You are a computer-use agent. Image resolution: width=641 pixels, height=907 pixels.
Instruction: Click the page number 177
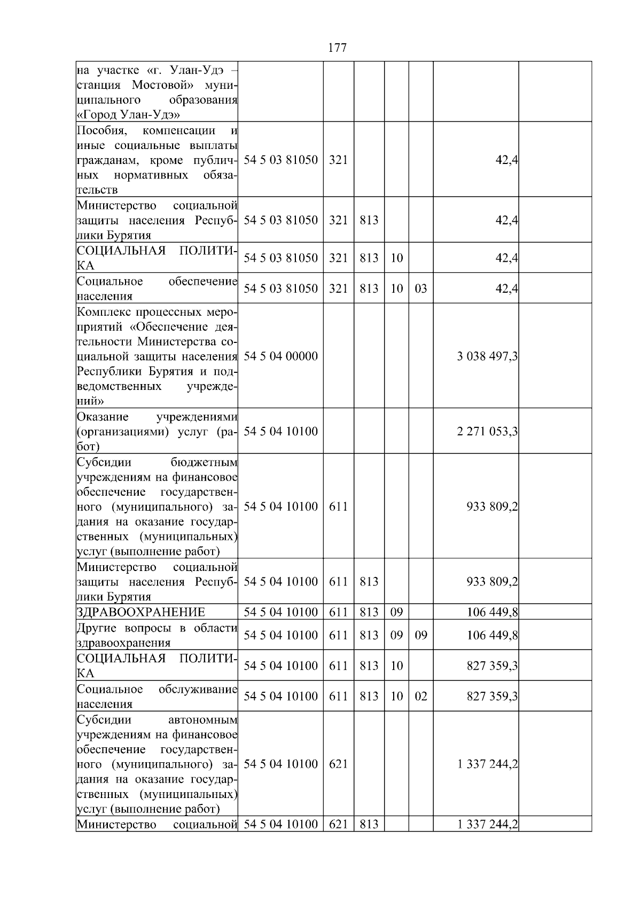337,48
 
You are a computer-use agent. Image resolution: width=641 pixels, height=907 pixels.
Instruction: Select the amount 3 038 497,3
487,356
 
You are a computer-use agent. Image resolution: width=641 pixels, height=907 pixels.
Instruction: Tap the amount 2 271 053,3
487,432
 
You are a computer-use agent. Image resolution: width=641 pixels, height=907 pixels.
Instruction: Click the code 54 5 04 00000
280,356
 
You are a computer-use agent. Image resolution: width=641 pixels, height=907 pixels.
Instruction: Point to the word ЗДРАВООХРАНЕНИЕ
141,612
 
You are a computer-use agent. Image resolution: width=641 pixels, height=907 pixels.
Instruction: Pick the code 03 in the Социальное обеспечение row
421,289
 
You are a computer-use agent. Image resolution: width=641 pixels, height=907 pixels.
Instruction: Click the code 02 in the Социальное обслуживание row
421,697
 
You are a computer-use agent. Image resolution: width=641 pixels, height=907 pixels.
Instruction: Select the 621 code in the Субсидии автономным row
338,764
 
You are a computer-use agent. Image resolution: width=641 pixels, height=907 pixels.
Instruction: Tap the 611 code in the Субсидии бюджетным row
338,506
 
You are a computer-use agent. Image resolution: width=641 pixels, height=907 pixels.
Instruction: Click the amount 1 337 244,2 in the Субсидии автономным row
487,764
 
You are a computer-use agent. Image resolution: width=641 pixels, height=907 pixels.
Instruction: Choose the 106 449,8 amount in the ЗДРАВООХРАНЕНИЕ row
492,612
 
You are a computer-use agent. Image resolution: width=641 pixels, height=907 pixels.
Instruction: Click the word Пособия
103,131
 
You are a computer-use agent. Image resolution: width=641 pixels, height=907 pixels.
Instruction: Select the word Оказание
103,417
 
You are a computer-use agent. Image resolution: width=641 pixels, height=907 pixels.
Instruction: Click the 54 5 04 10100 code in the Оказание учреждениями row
280,432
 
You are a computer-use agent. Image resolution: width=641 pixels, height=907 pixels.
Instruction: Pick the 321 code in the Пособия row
338,160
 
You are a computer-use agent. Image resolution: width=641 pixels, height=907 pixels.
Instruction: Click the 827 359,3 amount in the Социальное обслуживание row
492,697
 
